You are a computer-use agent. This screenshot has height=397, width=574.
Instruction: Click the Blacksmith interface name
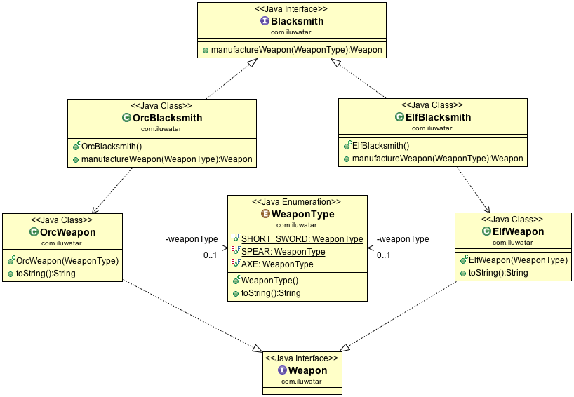[297, 21]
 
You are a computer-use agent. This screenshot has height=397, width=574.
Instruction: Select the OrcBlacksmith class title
[167, 118]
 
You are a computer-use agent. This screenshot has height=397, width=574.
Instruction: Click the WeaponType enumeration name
[302, 214]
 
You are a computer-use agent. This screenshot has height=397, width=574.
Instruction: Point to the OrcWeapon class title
[67, 232]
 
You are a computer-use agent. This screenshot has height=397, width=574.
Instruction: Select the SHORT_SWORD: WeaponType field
[302, 239]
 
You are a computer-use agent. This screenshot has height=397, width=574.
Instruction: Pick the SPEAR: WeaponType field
[283, 252]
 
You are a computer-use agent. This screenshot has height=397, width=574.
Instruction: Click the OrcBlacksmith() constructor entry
[112, 147]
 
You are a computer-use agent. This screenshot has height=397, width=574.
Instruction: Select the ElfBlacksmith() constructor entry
[380, 146]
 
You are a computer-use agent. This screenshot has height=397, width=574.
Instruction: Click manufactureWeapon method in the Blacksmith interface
[297, 51]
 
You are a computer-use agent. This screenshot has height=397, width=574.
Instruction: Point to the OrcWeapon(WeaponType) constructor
[67, 261]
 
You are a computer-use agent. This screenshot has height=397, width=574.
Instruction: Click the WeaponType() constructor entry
[269, 281]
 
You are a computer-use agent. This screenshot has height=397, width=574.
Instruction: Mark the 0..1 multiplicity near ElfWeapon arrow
[384, 255]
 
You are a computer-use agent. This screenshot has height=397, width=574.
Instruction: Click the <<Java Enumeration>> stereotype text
[297, 201]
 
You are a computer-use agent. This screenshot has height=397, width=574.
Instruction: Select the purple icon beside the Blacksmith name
[265, 21]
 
